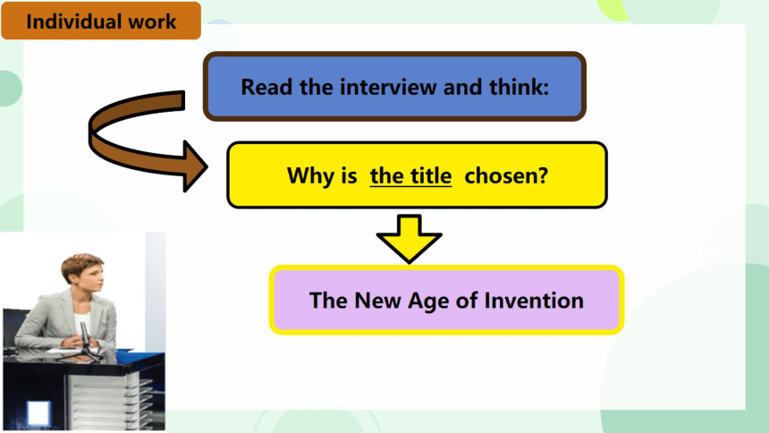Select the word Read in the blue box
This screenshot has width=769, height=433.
(x=266, y=87)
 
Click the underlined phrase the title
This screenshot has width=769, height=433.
(x=411, y=175)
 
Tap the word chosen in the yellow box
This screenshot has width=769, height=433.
(x=501, y=175)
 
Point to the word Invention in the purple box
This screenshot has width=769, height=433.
(x=534, y=300)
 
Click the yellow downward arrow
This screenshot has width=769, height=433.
(x=409, y=239)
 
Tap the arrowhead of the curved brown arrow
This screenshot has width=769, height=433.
(x=195, y=166)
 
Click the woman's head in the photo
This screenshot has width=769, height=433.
(x=82, y=274)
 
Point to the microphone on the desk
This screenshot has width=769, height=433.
(x=84, y=340)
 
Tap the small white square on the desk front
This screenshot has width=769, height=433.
(x=38, y=412)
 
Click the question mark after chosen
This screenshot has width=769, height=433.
(x=543, y=175)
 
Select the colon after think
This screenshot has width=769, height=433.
(x=545, y=89)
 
